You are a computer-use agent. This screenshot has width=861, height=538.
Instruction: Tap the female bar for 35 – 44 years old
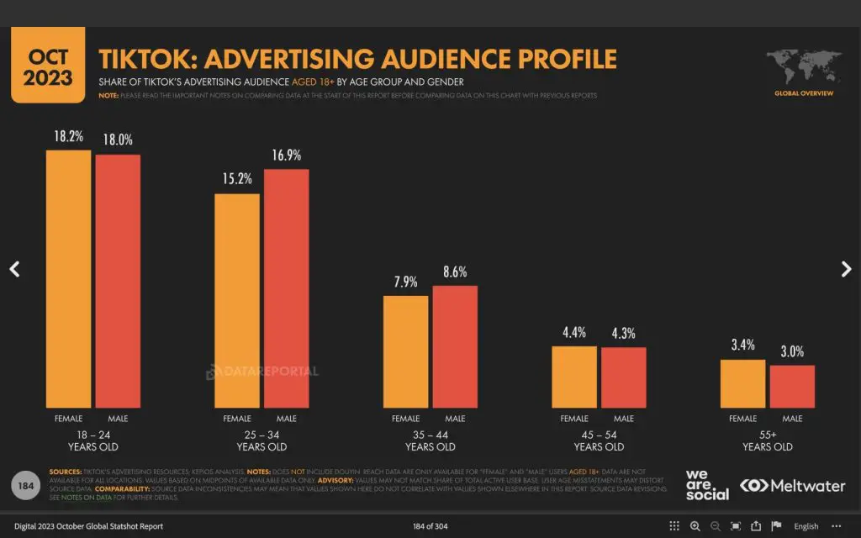(405, 351)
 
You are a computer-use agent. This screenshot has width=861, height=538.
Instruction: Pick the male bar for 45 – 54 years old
(624, 377)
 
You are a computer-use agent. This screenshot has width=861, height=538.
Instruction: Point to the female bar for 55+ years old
(743, 384)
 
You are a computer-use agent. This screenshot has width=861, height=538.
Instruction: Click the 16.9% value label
(287, 156)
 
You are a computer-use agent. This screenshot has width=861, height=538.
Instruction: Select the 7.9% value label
(405, 282)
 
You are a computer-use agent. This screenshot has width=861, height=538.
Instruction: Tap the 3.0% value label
(792, 351)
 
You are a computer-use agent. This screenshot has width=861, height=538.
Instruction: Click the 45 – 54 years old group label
(599, 440)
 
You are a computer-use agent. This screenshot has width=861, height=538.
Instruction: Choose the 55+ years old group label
(768, 440)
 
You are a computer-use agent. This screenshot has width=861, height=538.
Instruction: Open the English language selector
(806, 526)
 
